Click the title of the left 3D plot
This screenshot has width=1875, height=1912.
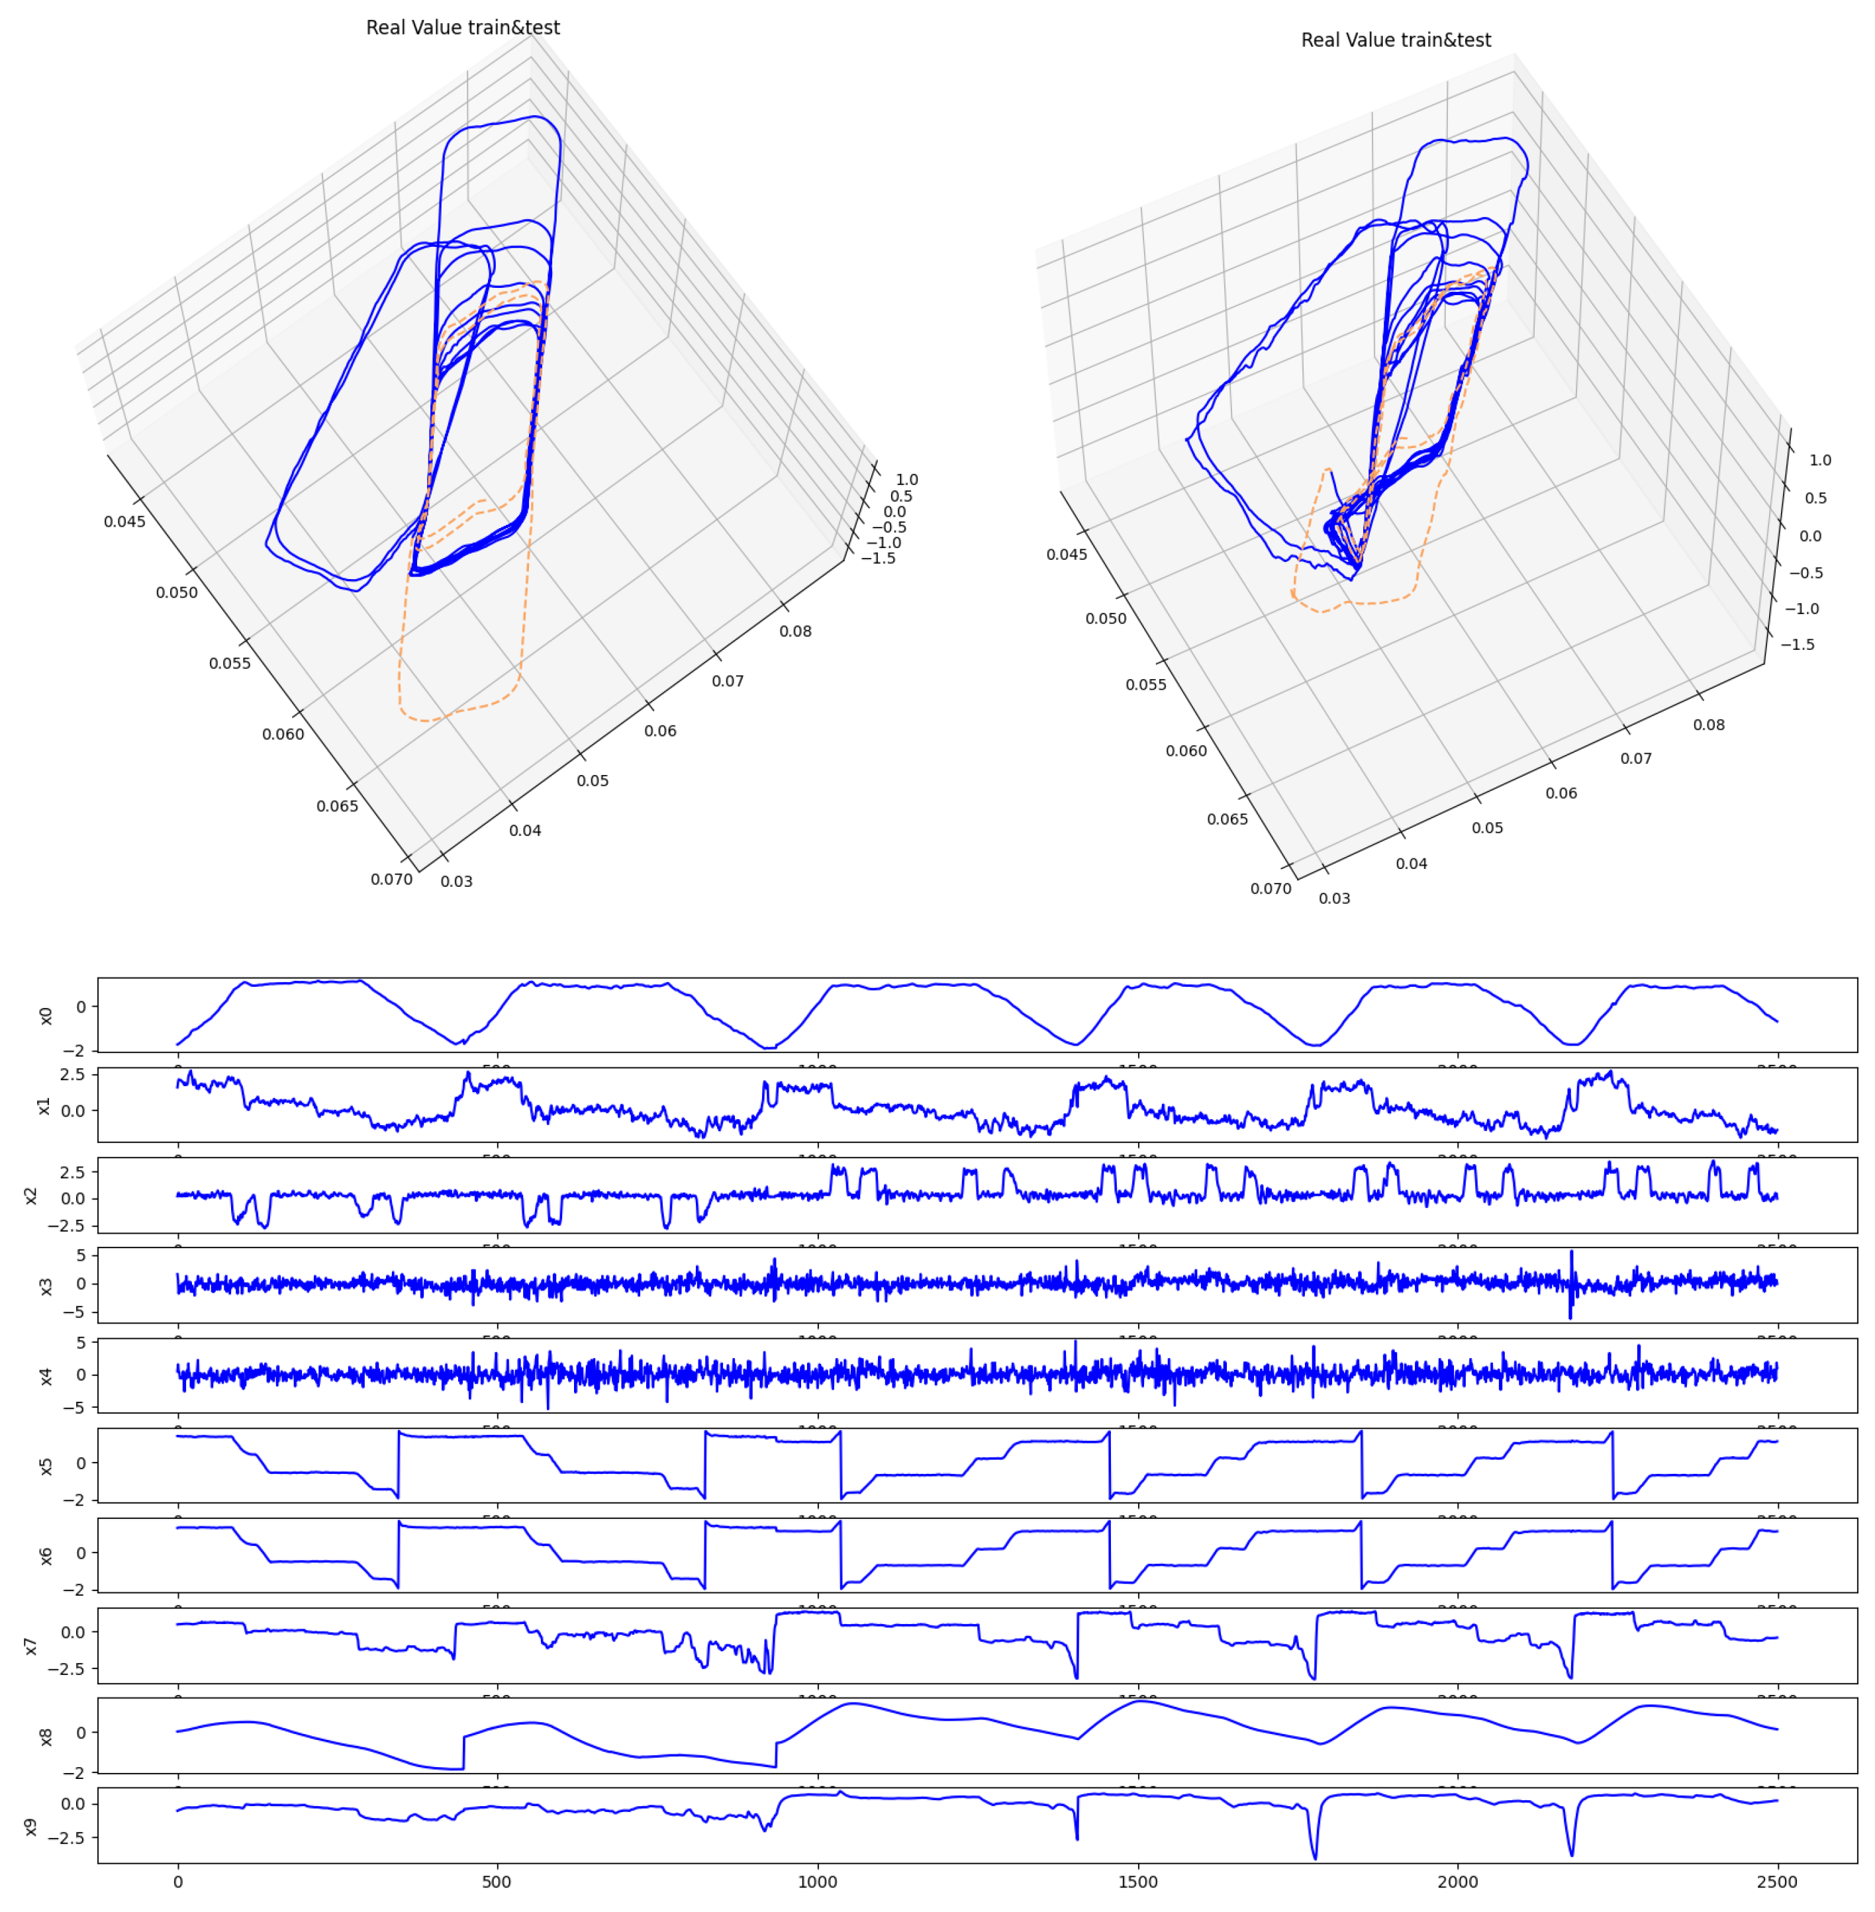coord(463,28)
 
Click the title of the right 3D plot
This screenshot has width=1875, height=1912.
coord(1396,40)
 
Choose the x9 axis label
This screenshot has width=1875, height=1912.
coord(32,1827)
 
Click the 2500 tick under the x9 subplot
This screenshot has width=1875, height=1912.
coord(1776,1882)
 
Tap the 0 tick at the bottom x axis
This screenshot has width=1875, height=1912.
coord(177,1882)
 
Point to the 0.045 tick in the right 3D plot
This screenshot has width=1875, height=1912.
coord(1067,555)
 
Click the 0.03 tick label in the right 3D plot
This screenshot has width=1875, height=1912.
coord(1334,898)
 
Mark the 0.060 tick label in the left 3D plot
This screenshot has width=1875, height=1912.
coord(283,735)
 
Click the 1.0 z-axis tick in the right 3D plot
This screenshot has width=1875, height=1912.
coord(1820,460)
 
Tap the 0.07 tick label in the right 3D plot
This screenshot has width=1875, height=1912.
coord(1636,758)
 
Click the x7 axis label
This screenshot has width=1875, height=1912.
coord(32,1646)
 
